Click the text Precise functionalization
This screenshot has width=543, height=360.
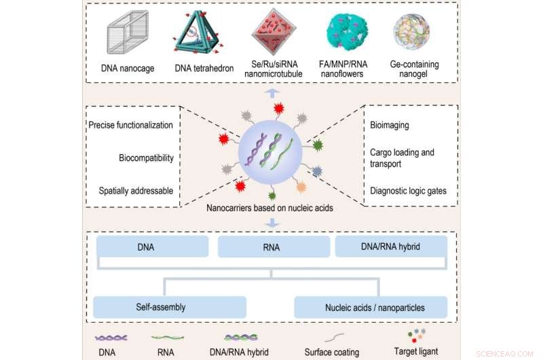pyautogui.click(x=130, y=125)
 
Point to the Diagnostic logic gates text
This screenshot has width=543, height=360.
pyautogui.click(x=408, y=191)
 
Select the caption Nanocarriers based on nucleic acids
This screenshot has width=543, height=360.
pyautogui.click(x=270, y=208)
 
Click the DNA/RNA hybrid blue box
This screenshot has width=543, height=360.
pyautogui.click(x=392, y=247)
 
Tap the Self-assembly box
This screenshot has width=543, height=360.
pyautogui.click(x=151, y=307)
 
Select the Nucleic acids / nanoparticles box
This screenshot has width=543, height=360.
pyautogui.click(x=370, y=307)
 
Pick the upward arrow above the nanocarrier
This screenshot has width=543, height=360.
pyautogui.click(x=271, y=92)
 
